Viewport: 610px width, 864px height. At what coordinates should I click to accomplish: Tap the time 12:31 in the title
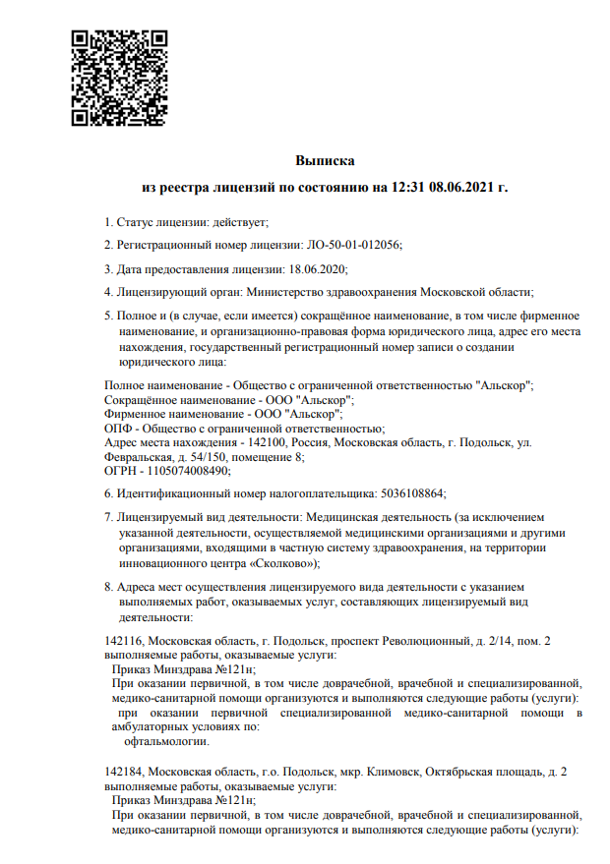pos(409,186)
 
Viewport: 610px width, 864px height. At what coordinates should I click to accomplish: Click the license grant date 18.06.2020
pos(317,267)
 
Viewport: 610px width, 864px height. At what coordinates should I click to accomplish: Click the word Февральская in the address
pos(136,457)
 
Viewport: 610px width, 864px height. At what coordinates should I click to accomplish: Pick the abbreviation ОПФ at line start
pos(117,429)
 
